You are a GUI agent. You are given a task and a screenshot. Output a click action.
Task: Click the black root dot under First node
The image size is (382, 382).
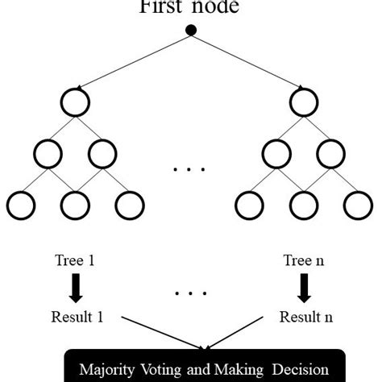pos(191,31)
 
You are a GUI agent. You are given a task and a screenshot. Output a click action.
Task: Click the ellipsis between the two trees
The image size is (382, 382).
pos(190,170)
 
